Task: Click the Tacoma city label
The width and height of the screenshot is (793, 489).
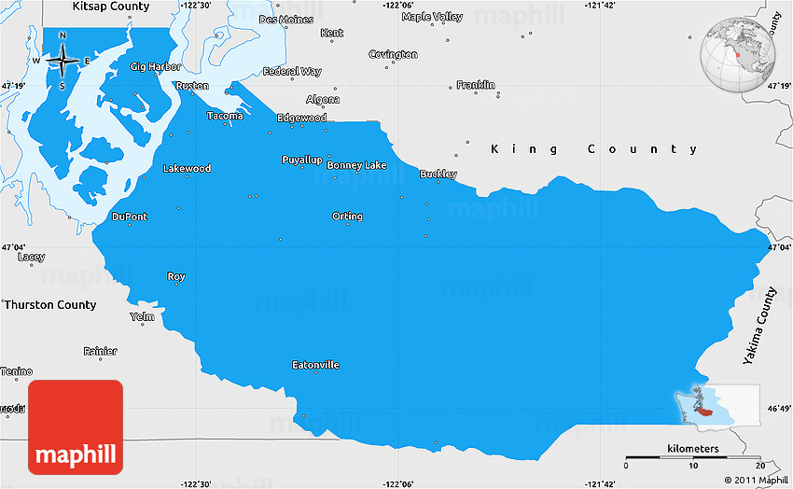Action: click(x=225, y=116)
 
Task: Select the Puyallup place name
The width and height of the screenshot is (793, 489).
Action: click(x=301, y=160)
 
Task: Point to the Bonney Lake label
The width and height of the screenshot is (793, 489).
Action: click(x=356, y=165)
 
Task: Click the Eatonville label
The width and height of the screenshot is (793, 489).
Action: click(x=315, y=365)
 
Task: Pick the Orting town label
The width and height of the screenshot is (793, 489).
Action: click(x=347, y=217)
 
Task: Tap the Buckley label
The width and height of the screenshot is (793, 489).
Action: click(x=438, y=174)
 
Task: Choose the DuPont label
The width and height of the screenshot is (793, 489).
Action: click(x=129, y=217)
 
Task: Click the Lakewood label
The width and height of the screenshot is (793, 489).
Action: click(x=187, y=169)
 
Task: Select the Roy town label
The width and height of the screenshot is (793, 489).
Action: click(x=175, y=276)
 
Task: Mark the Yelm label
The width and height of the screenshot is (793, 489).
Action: click(x=142, y=316)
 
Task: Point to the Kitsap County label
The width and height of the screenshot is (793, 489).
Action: click(x=111, y=7)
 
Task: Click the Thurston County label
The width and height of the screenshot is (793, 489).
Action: click(x=50, y=305)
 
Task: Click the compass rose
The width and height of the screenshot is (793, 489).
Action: click(x=63, y=61)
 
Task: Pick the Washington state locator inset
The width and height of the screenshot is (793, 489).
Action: click(x=716, y=404)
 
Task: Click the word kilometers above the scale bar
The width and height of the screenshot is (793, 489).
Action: click(x=693, y=449)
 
